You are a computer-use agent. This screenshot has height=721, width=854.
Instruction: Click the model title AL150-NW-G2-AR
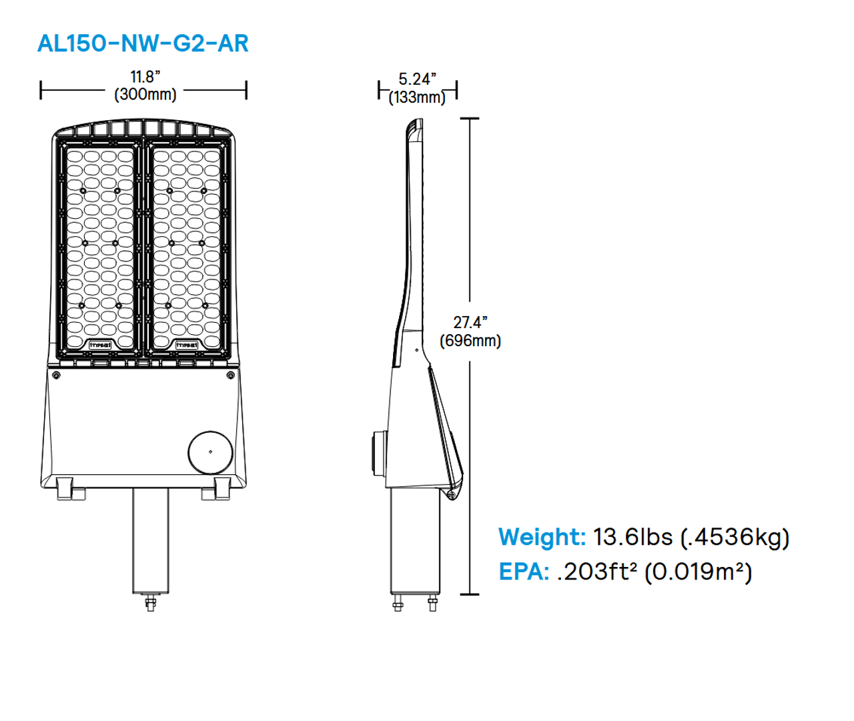pyautogui.click(x=143, y=43)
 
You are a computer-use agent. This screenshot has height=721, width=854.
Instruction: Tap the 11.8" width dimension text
pyautogui.click(x=145, y=77)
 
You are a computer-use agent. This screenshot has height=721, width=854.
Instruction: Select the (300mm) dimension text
pyautogui.click(x=145, y=94)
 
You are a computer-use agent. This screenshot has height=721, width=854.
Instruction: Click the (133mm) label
pyautogui.click(x=417, y=97)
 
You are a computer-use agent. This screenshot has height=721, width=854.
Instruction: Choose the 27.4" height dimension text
pyautogui.click(x=470, y=322)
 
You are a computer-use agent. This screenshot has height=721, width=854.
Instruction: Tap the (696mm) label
pyautogui.click(x=470, y=340)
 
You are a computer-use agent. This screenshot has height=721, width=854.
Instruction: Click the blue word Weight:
pyautogui.click(x=542, y=537)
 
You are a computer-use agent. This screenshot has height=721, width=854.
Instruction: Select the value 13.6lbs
pyautogui.click(x=632, y=537)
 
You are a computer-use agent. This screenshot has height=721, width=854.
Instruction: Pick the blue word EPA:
pyautogui.click(x=524, y=572)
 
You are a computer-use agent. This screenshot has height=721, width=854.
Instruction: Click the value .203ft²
pyautogui.click(x=597, y=572)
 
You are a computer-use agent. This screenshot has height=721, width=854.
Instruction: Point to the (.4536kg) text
pyautogui.click(x=735, y=537)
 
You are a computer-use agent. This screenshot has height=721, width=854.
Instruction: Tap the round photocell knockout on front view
pyautogui.click(x=210, y=452)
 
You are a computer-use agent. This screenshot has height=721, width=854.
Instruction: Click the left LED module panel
pyautogui.click(x=101, y=249)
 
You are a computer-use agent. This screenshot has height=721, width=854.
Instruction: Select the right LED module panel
pyautogui.click(x=187, y=249)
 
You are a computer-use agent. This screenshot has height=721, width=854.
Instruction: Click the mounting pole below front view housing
pyautogui.click(x=150, y=540)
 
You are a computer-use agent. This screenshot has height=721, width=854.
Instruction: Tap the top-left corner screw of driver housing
pyautogui.click(x=56, y=376)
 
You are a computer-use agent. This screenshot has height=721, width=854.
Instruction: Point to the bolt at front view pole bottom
pyautogui.click(x=150, y=604)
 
